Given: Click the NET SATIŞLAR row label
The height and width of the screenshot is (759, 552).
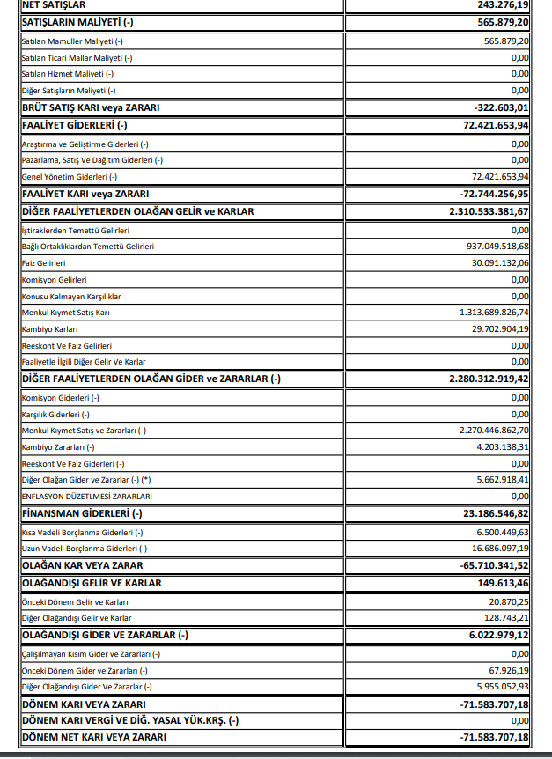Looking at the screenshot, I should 54,4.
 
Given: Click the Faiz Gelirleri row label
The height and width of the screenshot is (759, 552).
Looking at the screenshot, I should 43,262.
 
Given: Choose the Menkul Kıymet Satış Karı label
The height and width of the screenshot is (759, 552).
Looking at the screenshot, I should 66,312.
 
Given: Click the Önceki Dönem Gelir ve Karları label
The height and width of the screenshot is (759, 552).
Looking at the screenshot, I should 75,601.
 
